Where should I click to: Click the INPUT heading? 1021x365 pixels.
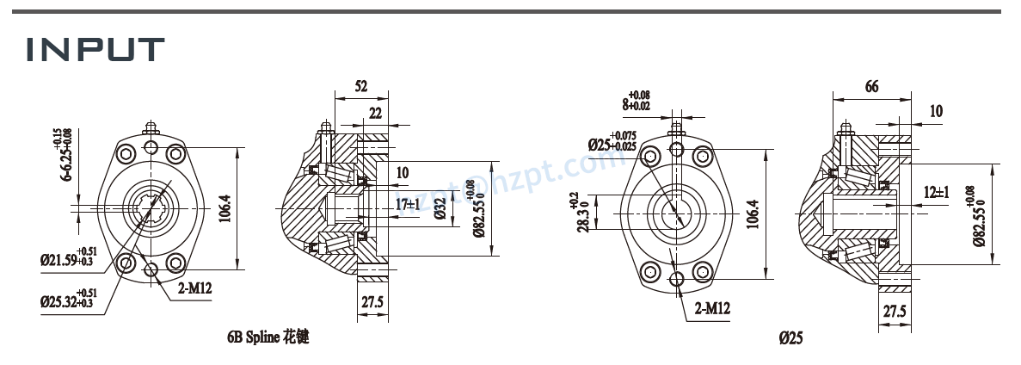(x=95, y=49)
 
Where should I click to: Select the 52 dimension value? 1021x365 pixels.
(x=360, y=86)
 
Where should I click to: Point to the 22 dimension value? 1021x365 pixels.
(x=376, y=114)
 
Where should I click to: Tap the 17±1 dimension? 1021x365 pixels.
(x=408, y=205)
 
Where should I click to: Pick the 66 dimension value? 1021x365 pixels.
(x=870, y=87)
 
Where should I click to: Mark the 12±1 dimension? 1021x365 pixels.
(x=936, y=192)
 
